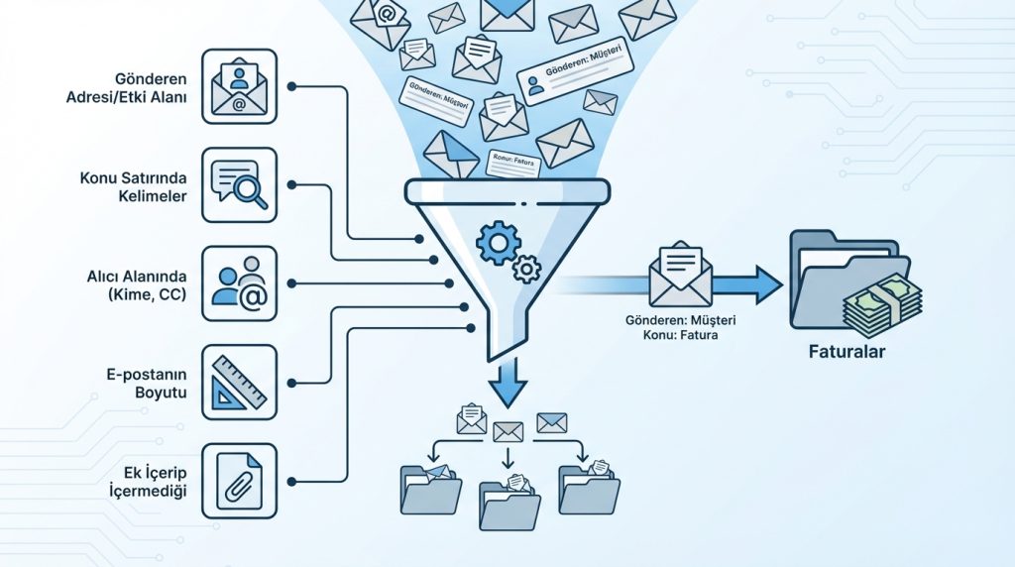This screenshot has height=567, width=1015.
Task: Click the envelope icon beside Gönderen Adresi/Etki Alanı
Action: (x=239, y=87)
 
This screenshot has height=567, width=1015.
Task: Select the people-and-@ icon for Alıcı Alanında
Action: (x=239, y=283)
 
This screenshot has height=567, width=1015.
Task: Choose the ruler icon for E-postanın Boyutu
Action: (x=239, y=382)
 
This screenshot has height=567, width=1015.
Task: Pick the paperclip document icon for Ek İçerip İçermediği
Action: (x=239, y=480)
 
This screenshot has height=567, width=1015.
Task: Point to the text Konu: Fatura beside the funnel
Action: (x=679, y=336)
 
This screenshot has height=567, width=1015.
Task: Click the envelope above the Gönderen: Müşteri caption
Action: (x=680, y=277)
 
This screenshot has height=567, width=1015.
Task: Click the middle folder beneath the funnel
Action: (x=508, y=503)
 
